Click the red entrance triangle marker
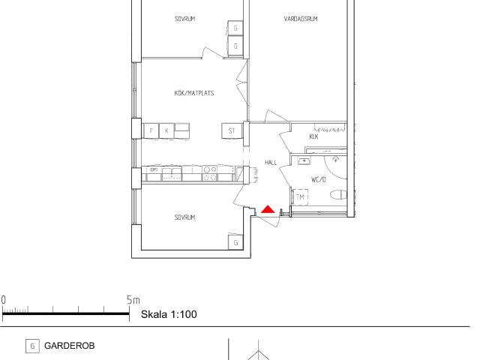coord(268,209)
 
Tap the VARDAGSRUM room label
coord(301,19)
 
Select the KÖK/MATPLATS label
coord(194,93)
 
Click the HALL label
coord(271,163)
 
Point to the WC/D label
coord(318,179)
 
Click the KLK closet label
coord(313,136)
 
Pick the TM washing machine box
coord(300,197)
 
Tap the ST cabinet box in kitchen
coord(232,131)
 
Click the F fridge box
coord(151,131)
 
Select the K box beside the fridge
coord(166,131)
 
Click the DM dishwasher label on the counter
coord(154,169)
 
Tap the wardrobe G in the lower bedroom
coord(235,242)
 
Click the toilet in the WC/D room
coord(338,195)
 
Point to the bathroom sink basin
coord(304,160)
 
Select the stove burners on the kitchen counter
coord(210,173)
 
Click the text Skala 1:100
coord(169,314)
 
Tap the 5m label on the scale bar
coord(133,300)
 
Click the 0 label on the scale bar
coord(3,300)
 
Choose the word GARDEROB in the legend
coord(70,346)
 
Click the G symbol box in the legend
coord(32,346)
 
